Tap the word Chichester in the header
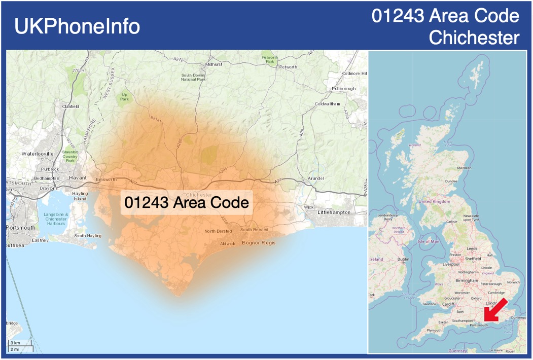[474, 38]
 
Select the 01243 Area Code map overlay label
[187, 203]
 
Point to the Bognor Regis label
[259, 243]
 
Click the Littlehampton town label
[334, 212]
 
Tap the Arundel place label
[316, 178]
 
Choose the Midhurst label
[214, 64]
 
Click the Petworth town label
[288, 67]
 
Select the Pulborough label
[344, 89]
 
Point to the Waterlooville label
[37, 153]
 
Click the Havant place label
[78, 178]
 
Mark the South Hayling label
[88, 236]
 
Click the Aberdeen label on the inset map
[464, 168]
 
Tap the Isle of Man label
[428, 241]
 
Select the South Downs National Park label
[194, 78]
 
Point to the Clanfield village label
[70, 106]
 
